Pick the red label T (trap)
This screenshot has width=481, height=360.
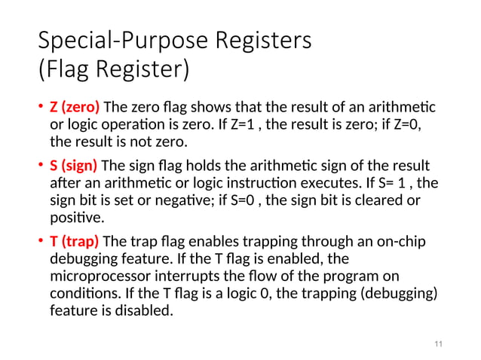click(74, 242)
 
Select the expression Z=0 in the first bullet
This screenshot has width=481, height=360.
click(405, 124)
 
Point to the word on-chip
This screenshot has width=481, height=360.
click(404, 242)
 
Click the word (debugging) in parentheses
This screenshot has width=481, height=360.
click(393, 293)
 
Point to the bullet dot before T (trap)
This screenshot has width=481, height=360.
click(41, 243)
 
